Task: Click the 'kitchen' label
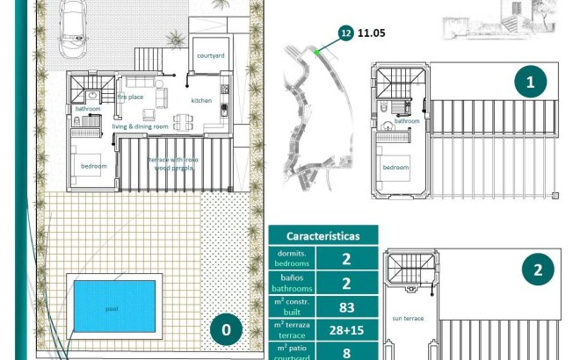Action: coord(201,101)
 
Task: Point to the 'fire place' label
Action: coord(129,97)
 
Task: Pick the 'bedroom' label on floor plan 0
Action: coord(93,166)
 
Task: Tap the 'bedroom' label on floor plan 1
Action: coord(395,167)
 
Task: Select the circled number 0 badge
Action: coord(226,330)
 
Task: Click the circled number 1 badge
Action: coord(530,83)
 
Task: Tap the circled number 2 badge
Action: coord(537,270)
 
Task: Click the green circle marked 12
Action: coord(345,33)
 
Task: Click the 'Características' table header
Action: coord(323,236)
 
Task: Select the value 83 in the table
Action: coord(346,307)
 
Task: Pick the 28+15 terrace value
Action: coord(346,331)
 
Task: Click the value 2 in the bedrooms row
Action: coord(346,258)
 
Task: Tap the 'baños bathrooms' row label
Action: coord(291,283)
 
